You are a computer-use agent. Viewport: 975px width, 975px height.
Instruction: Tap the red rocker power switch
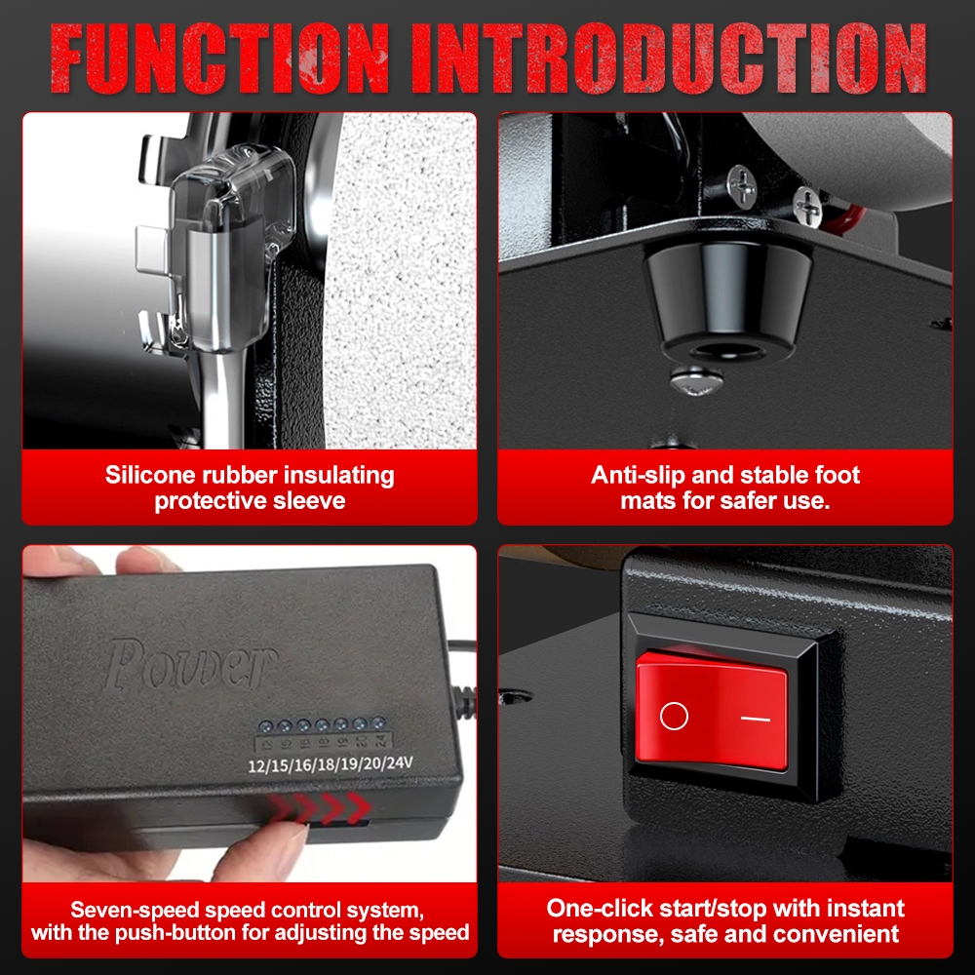(712, 710)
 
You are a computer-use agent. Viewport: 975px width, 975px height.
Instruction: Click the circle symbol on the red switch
(674, 716)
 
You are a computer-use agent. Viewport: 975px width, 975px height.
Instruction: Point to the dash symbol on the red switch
(756, 719)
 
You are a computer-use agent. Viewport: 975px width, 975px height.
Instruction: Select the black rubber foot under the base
(726, 299)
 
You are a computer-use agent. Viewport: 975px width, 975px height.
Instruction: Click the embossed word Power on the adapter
(190, 664)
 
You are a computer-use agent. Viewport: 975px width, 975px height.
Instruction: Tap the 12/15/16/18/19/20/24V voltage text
(331, 763)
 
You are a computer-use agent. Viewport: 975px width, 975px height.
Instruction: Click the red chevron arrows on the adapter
(320, 807)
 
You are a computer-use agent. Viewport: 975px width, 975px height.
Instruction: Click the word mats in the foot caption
(648, 501)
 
